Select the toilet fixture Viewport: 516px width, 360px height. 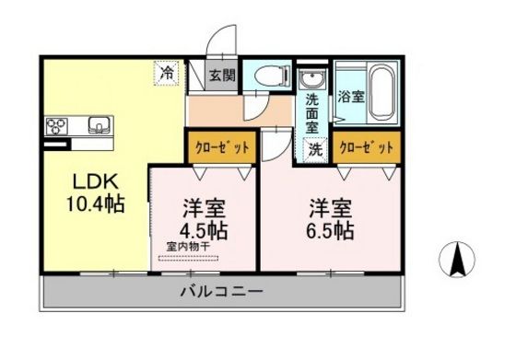tap(271, 78)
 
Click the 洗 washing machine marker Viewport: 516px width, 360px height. tap(314, 147)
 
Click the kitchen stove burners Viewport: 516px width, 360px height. tap(55, 124)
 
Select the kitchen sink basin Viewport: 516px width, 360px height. tap(99, 124)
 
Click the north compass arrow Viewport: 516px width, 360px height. tap(457, 259)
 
